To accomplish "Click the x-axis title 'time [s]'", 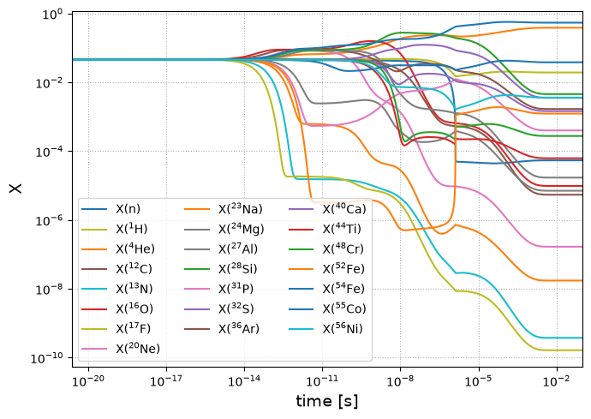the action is pyautogui.click(x=327, y=401).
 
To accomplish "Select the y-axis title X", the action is pyautogui.click(x=15, y=189).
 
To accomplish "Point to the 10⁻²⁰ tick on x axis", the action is pyautogui.click(x=88, y=381).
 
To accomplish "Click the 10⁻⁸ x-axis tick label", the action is pyautogui.click(x=400, y=381).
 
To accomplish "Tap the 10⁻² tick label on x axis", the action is pyautogui.click(x=557, y=381).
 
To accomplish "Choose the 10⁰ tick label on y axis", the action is pyautogui.click(x=52, y=15).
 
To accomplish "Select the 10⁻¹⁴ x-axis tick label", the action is pyautogui.click(x=244, y=381).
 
